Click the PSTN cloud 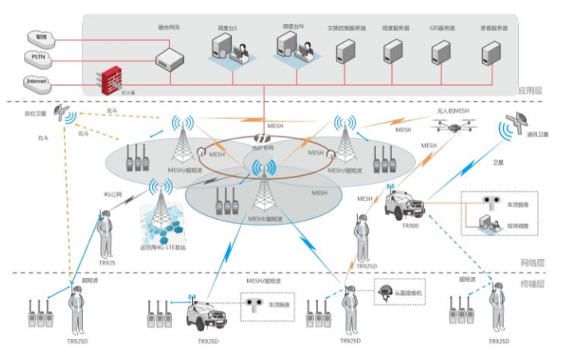38,57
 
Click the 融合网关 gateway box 170,56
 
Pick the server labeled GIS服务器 441,52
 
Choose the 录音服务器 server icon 490,52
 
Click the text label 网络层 529,262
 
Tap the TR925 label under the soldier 105,263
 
